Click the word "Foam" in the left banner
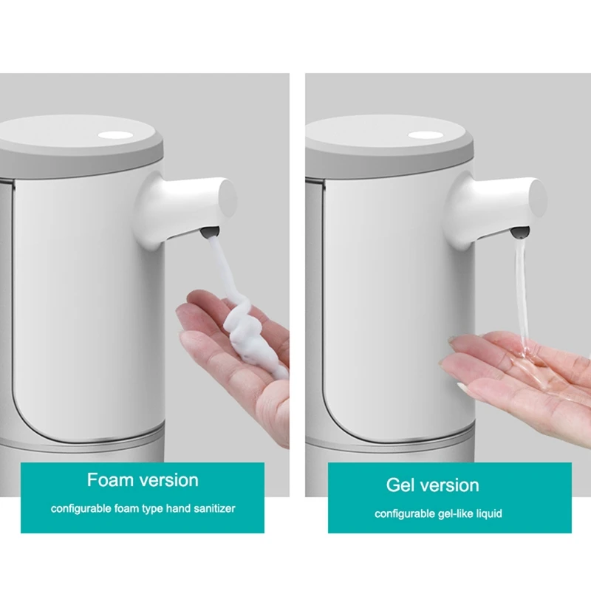(x=110, y=480)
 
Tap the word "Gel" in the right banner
(x=402, y=485)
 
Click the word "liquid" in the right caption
(x=488, y=513)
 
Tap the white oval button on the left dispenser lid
(x=116, y=136)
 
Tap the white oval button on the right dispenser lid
(x=424, y=136)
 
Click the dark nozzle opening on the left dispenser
(x=210, y=232)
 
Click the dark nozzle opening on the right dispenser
(x=520, y=232)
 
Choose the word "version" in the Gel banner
(x=450, y=485)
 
